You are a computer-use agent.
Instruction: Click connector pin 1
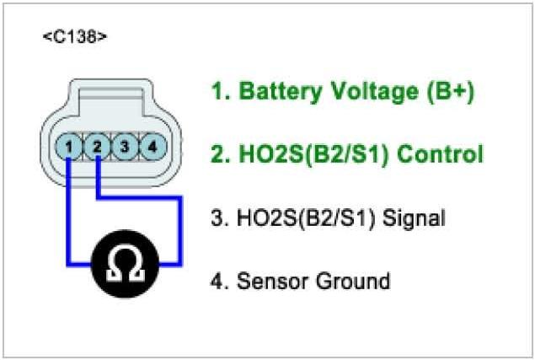(72, 148)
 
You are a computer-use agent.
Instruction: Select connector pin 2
(98, 148)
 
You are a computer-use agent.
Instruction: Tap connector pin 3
(124, 148)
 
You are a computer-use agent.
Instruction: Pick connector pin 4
(151, 148)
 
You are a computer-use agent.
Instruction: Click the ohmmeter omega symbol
(124, 264)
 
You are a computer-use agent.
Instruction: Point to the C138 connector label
(75, 37)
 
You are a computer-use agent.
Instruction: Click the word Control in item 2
(439, 154)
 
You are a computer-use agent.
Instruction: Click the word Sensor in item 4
(270, 281)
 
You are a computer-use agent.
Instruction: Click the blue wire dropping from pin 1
(68, 211)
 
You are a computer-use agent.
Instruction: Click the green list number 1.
(217, 92)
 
